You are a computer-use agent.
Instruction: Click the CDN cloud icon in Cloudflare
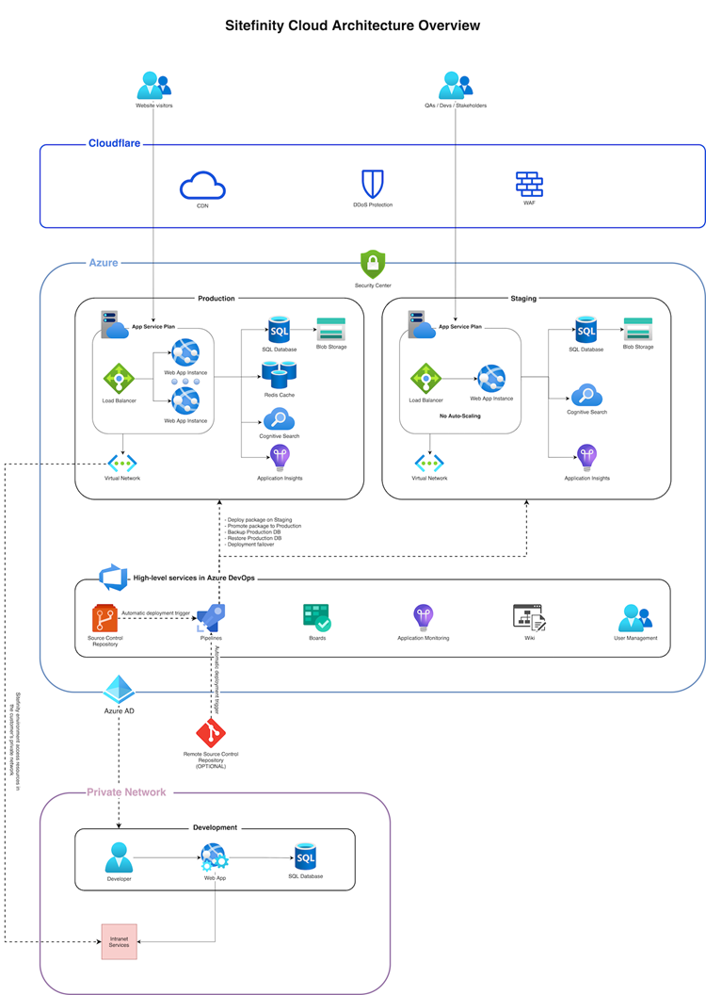click(201, 185)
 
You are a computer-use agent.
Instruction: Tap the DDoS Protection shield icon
click(373, 183)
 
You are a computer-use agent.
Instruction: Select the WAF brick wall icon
click(529, 184)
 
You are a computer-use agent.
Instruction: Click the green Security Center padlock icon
click(373, 264)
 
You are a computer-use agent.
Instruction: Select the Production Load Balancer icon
click(120, 379)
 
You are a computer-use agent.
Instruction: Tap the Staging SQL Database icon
click(586, 330)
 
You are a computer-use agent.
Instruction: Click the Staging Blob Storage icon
click(638, 329)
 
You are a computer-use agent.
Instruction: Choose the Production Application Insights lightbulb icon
click(280, 458)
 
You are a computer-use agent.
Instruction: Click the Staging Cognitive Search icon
click(586, 395)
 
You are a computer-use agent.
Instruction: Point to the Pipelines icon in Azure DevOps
click(210, 618)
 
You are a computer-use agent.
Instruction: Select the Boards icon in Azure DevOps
click(316, 618)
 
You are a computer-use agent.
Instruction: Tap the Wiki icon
click(529, 618)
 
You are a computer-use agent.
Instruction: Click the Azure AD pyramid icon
click(119, 689)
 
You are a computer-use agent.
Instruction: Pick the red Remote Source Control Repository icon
click(212, 733)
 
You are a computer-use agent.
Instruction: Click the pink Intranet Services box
click(120, 941)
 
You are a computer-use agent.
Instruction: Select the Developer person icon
click(119, 857)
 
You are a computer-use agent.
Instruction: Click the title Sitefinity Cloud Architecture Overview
click(352, 25)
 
